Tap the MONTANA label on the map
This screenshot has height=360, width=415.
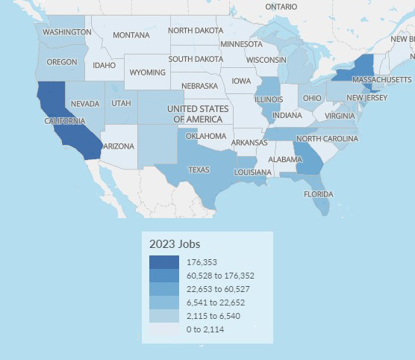pyautogui.click(x=131, y=35)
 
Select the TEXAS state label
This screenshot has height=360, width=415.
pyautogui.click(x=199, y=170)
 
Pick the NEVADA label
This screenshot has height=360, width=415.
pyautogui.click(x=84, y=104)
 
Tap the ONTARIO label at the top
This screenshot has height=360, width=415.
pyautogui.click(x=281, y=6)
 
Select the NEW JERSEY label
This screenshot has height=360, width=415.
pyautogui.click(x=365, y=97)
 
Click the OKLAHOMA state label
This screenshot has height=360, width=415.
pyautogui.click(x=205, y=136)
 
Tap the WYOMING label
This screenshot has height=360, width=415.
pyautogui.click(x=147, y=72)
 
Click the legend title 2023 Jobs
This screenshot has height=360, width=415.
pyautogui.click(x=175, y=243)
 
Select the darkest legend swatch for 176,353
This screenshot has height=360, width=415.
pyautogui.click(x=163, y=262)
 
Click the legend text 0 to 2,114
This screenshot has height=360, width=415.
pyautogui.click(x=207, y=329)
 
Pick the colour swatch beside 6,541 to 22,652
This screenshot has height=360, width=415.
pyautogui.click(x=163, y=302)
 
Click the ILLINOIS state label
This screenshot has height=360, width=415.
pyautogui.click(x=268, y=99)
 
